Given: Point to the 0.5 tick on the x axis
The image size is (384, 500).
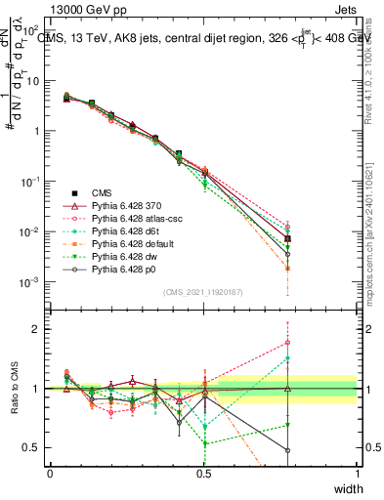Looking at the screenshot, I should tap(203, 474).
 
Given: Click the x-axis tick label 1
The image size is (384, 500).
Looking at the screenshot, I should tap(358, 474).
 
